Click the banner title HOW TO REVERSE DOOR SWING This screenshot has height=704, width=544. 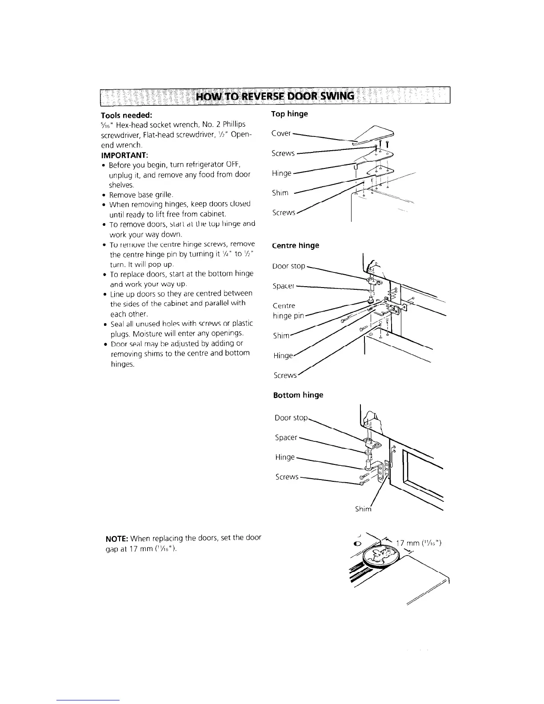[x=276, y=96]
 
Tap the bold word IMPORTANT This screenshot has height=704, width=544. [x=124, y=155]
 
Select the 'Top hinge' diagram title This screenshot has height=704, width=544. [x=289, y=114]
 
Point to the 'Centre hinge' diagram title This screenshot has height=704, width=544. [x=295, y=245]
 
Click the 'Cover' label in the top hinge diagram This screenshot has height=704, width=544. [x=281, y=133]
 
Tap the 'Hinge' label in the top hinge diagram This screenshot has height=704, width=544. [x=281, y=173]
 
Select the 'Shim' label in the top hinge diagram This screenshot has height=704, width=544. [x=280, y=193]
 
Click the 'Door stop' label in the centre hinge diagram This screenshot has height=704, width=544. [x=289, y=266]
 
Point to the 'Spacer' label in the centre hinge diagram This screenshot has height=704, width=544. [x=283, y=286]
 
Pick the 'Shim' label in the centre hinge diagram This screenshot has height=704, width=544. [x=280, y=336]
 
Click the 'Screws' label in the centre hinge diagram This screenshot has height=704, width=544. [x=285, y=375]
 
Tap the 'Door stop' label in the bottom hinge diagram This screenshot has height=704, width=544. [x=291, y=418]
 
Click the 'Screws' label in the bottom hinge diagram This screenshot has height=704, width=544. [x=287, y=477]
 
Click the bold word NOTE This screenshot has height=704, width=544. [x=117, y=538]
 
